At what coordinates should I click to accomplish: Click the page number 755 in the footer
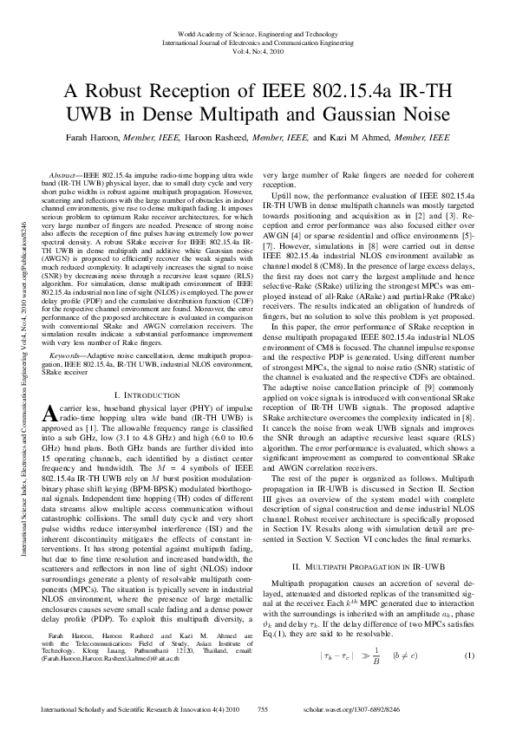click(x=263, y=709)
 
